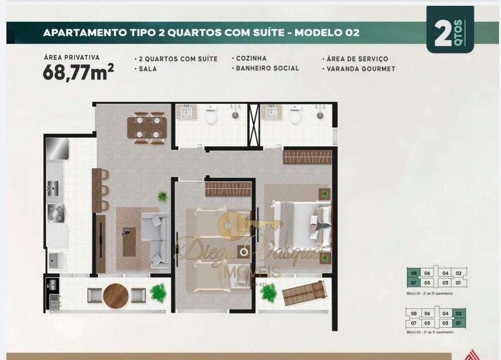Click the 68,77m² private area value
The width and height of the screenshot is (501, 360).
click(x=78, y=73)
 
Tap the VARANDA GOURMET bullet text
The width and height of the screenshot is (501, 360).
click(x=361, y=69)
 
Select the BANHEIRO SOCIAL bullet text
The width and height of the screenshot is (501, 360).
click(x=268, y=68)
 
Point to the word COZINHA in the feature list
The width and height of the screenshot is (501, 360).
click(x=251, y=58)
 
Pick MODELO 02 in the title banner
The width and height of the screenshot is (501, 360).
click(x=327, y=33)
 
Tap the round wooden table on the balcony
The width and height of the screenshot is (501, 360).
click(x=116, y=296)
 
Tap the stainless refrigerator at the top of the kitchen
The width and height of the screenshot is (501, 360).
click(x=58, y=148)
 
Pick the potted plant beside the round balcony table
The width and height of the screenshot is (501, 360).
click(x=158, y=292)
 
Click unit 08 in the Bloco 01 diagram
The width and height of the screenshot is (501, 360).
click(x=414, y=273)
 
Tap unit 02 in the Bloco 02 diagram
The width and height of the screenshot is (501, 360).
click(x=458, y=313)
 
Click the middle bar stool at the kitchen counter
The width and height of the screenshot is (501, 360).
click(x=105, y=190)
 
